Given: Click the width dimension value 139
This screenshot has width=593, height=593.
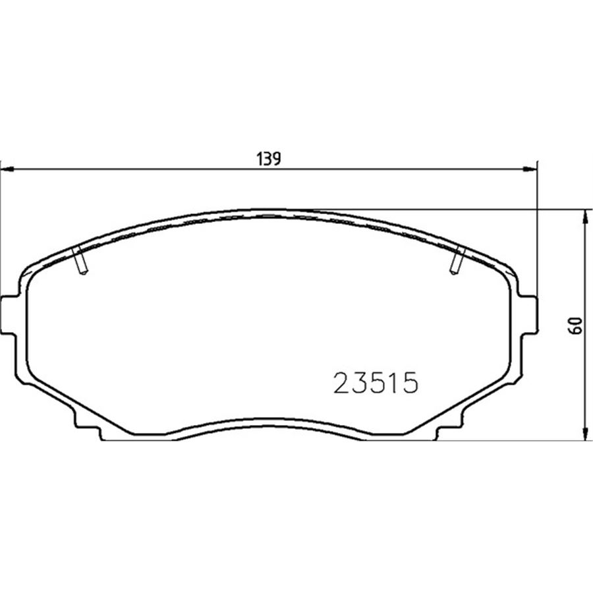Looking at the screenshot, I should (269, 158).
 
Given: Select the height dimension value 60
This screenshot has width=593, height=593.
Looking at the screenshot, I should (577, 325).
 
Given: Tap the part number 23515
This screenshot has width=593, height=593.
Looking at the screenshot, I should (376, 383).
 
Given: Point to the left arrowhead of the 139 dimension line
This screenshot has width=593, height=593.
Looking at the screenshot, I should (8, 170).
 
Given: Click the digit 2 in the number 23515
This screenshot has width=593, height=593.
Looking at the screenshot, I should (343, 383).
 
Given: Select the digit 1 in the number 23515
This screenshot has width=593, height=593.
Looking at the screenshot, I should (393, 383).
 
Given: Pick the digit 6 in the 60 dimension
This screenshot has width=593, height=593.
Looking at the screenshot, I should (577, 329).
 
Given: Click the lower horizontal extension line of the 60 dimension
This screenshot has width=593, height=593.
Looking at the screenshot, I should (514, 440).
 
